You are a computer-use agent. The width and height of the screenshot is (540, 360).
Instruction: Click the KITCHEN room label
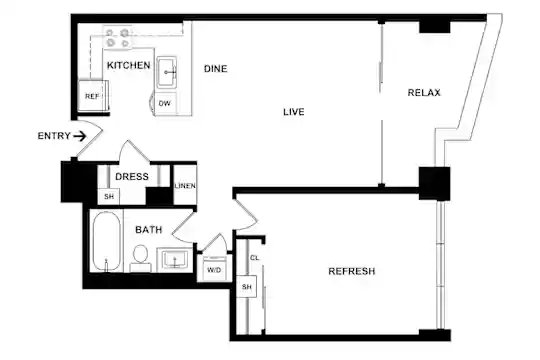(128, 65)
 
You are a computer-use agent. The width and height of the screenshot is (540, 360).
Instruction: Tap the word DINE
(216, 69)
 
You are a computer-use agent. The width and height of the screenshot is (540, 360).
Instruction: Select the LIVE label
(294, 112)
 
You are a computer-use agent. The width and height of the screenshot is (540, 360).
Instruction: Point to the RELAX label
(424, 93)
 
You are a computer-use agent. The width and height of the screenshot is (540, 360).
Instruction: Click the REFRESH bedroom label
(352, 271)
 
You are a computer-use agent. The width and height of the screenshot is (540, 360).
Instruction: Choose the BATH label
(148, 230)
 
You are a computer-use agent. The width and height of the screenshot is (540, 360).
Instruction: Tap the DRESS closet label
(132, 177)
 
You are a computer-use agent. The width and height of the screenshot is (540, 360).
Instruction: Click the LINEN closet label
(185, 186)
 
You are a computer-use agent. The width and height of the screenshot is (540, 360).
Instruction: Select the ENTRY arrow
(80, 136)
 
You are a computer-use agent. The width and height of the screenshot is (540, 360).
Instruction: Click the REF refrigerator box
(93, 96)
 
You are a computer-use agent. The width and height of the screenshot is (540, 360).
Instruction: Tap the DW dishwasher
(165, 103)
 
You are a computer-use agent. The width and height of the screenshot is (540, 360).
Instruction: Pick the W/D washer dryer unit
(214, 269)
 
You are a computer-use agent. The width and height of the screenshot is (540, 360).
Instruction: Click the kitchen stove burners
(117, 38)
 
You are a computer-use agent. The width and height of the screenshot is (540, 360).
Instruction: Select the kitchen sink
(167, 72)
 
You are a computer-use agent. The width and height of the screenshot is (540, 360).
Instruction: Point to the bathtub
(106, 241)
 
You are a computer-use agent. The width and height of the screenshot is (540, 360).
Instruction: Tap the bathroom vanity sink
(175, 260)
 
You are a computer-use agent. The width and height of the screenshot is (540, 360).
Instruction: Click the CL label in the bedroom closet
(255, 258)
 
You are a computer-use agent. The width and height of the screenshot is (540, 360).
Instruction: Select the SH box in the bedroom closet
(247, 287)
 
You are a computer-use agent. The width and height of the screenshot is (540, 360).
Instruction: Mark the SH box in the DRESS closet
(109, 197)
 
